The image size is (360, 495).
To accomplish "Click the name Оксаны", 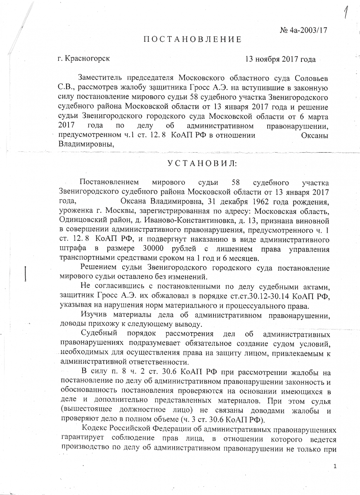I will click(315, 136).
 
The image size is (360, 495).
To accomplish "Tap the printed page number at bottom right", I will click(335, 467).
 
